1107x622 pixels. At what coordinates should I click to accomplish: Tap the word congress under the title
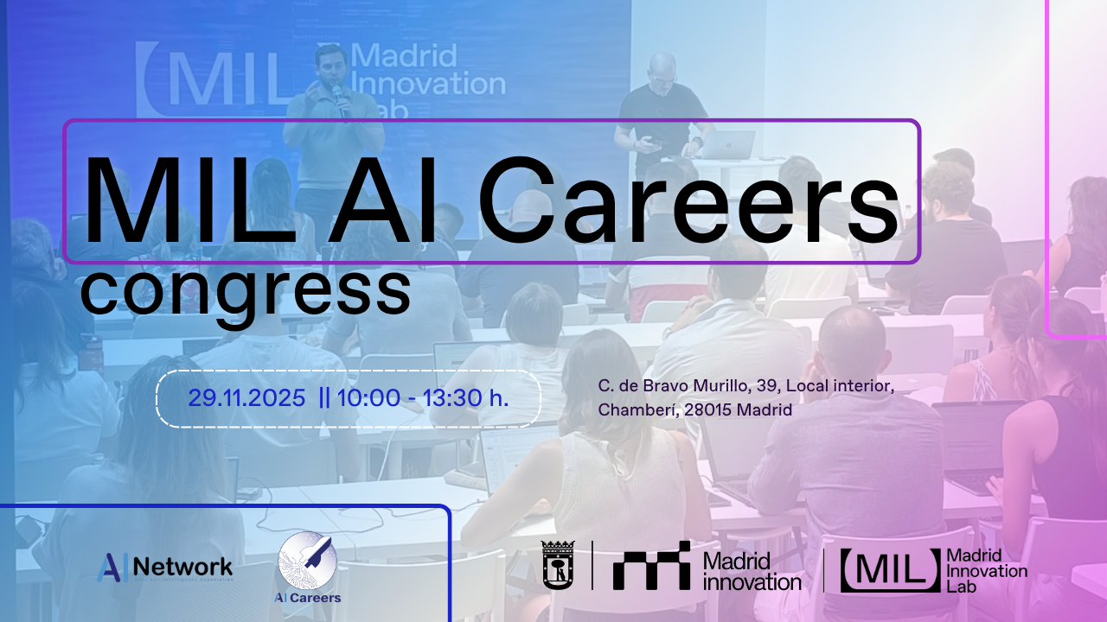(246, 291)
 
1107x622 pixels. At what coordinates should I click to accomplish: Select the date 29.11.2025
(247, 398)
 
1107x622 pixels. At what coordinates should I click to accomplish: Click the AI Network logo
(165, 567)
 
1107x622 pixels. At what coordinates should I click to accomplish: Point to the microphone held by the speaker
(338, 99)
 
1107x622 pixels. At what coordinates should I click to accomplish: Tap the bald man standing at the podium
(662, 108)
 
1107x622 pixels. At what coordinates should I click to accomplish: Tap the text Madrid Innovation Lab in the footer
(988, 570)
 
